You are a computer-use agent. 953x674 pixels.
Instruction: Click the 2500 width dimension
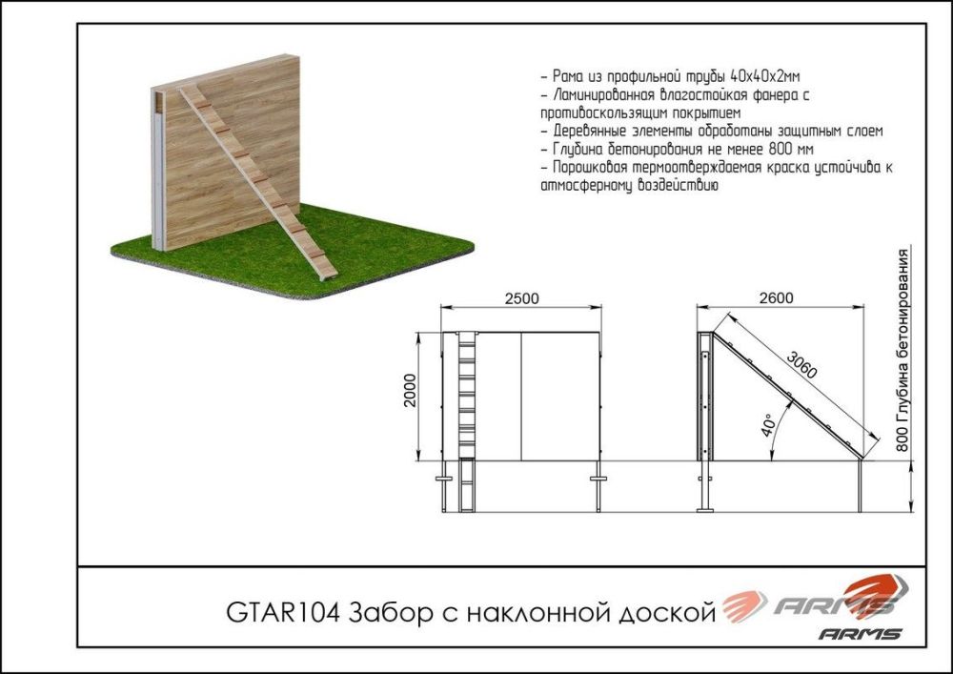click(521, 297)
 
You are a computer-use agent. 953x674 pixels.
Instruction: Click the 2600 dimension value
click(777, 297)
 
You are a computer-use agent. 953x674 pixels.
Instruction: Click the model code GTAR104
click(282, 611)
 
